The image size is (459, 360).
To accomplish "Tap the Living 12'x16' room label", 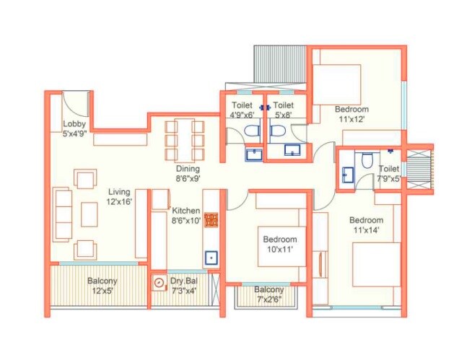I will (120, 197).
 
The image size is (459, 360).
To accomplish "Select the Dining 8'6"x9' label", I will (188, 173).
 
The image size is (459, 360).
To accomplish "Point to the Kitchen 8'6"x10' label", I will (186, 216).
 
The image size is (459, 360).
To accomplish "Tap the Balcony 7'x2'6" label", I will (269, 294).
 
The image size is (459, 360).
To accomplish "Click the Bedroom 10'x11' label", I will (279, 244).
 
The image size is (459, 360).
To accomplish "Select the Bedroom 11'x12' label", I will (351, 114).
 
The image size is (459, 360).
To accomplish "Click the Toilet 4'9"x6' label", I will (242, 109).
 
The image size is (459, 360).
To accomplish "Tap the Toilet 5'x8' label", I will (284, 109).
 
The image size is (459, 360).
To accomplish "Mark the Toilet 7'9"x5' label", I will (390, 173).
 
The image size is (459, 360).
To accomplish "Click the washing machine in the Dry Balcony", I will (159, 284).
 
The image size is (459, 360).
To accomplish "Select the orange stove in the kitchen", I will (211, 220).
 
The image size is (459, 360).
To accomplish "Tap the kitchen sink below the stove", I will (211, 256).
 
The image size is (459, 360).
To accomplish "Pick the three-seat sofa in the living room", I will (64, 214).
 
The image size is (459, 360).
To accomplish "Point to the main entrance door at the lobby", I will (76, 105).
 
